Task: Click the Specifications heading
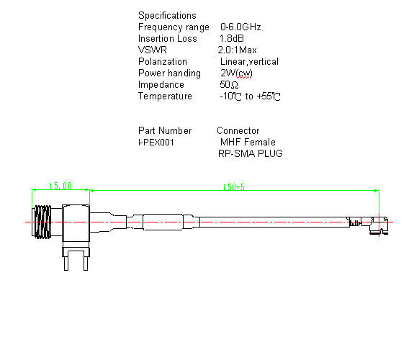coord(167,16)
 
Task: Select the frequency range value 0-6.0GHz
coord(240,27)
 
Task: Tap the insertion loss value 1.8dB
coord(232,39)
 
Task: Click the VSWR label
coord(153,50)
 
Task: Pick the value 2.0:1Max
coord(237,50)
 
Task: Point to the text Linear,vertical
coord(249,61)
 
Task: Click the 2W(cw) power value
coord(236,73)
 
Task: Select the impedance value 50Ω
coord(229,85)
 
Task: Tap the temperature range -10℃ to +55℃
coord(250,96)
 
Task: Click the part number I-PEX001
coord(156,143)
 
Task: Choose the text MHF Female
coord(248,142)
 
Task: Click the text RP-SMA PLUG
coord(251,153)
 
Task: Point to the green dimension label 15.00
coord(61,186)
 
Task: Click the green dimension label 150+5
coord(234,187)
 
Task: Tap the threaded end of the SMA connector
coord(42,222)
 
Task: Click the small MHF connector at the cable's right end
coord(375,225)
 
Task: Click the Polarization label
coord(163,61)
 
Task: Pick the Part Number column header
coord(165,131)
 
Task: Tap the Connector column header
coord(238,131)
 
